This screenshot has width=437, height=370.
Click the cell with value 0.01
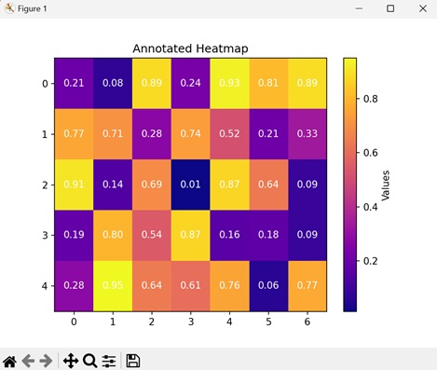click(x=190, y=184)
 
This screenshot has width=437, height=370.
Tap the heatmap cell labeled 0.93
click(x=228, y=83)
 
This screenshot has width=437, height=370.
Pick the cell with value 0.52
click(x=228, y=133)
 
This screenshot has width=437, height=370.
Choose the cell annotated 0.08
click(x=113, y=83)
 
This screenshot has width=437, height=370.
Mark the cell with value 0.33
click(x=307, y=133)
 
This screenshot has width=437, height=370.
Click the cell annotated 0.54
click(x=151, y=234)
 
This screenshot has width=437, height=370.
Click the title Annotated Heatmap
click(x=190, y=48)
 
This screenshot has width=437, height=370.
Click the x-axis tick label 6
click(x=307, y=322)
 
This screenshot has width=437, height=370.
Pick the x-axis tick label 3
click(x=190, y=322)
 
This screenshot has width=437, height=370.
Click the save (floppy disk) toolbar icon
click(x=133, y=360)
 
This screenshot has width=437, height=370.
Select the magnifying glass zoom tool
click(x=89, y=360)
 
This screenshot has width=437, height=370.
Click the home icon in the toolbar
click(x=10, y=360)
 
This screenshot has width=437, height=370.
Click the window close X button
click(x=417, y=8)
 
